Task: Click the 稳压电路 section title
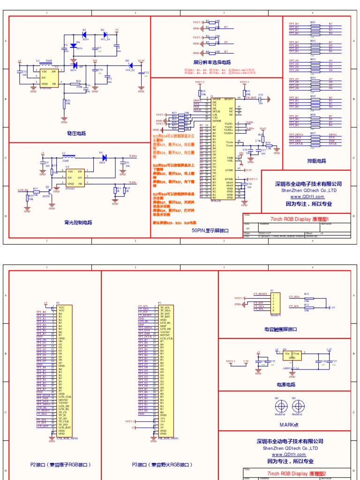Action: [x=76, y=133]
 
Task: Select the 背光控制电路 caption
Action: [x=78, y=222]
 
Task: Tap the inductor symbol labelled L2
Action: [x=48, y=65]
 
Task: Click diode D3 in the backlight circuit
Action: [x=101, y=157]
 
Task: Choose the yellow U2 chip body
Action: [x=75, y=178]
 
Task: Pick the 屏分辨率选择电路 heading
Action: [x=212, y=62]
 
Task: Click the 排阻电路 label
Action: [x=316, y=161]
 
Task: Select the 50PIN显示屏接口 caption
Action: [x=210, y=231]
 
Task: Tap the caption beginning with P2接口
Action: [x=60, y=465]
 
